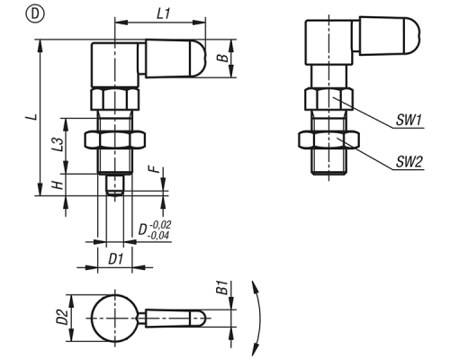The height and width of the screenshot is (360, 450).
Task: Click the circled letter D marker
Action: pos(35,14)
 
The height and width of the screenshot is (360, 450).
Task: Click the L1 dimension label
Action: pos(164,13)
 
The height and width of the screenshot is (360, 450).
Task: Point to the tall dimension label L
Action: pos(35,116)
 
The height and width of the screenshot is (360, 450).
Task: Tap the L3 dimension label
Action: pos(58,144)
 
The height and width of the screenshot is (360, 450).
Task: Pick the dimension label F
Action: pos(155,169)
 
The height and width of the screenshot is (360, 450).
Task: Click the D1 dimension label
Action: pos(116,259)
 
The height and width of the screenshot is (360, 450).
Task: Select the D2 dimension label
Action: pos(62,317)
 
